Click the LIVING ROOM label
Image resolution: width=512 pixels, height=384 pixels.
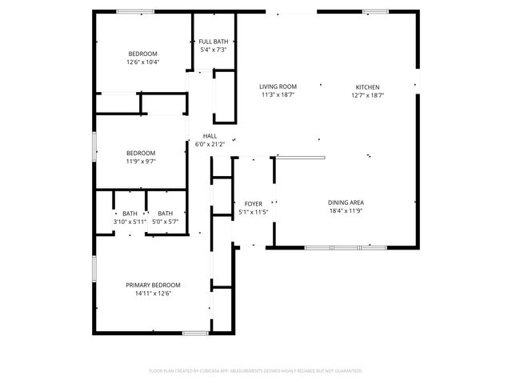[x=278, y=86]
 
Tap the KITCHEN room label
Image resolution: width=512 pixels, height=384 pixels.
[x=368, y=87]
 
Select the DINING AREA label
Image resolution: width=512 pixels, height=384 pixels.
[x=346, y=203]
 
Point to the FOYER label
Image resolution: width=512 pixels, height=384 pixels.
[x=252, y=204]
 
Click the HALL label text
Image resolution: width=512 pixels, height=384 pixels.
[x=210, y=136]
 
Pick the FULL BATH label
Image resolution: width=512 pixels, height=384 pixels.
[x=214, y=42]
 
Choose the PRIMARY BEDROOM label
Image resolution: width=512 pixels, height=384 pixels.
[x=153, y=285]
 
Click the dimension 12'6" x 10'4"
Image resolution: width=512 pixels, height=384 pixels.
[x=142, y=62]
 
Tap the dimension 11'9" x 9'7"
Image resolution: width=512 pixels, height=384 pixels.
[x=140, y=161]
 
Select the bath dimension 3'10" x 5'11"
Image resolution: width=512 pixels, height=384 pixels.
[x=130, y=222]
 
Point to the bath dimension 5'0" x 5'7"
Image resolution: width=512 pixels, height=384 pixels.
[x=166, y=222]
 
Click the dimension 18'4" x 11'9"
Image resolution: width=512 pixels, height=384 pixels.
[x=346, y=212]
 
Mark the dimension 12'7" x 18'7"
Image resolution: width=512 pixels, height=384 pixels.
[x=368, y=95]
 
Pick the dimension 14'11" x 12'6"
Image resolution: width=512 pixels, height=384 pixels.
[x=153, y=294]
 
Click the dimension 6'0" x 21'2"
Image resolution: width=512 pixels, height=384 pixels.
[x=210, y=145]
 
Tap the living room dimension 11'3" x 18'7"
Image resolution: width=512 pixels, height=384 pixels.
[x=278, y=95]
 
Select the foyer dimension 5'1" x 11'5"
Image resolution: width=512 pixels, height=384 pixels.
[x=252, y=213]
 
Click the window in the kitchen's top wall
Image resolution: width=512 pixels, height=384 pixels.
[x=375, y=11]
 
